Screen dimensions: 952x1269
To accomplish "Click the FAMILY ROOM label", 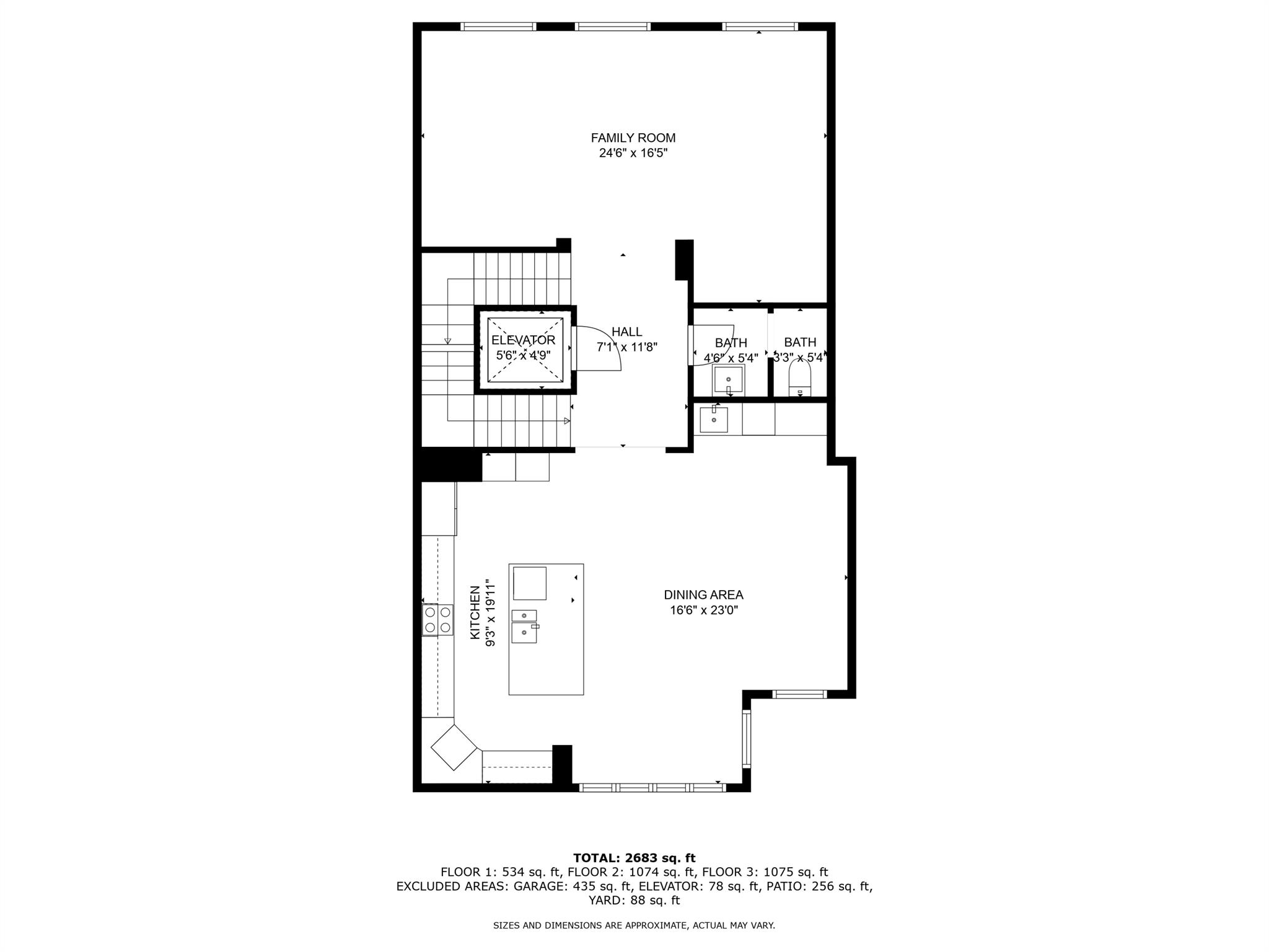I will (x=633, y=138).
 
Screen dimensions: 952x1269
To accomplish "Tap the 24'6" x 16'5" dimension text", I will (x=633, y=153).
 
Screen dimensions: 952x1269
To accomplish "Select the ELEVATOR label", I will (x=523, y=340).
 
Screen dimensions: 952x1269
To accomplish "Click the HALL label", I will (x=626, y=332).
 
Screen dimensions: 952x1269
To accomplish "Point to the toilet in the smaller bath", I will (x=799, y=379).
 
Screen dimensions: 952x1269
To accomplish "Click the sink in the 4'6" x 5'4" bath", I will (x=728, y=379).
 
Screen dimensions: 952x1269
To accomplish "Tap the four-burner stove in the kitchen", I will (x=437, y=620).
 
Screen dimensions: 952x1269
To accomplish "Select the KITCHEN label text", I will (x=475, y=613).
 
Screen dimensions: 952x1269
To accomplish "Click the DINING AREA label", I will (x=703, y=595).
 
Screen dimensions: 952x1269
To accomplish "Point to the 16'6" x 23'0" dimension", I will (x=703, y=610).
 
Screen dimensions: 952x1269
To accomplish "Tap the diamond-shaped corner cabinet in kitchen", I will (x=455, y=747).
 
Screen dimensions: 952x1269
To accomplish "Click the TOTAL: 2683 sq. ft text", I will (x=634, y=858).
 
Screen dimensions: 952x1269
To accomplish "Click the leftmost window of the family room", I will (x=498, y=27).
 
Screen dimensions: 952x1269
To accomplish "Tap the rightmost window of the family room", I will (x=760, y=27).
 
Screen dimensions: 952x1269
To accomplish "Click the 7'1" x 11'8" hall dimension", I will (x=626, y=348).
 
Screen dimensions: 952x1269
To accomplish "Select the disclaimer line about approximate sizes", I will (x=634, y=925).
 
